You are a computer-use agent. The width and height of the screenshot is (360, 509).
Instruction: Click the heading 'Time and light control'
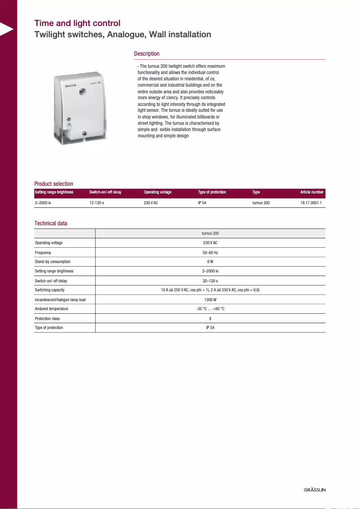pyautogui.click(x=77, y=23)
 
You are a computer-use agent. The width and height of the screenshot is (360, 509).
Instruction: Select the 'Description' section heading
pyautogui.click(x=146, y=54)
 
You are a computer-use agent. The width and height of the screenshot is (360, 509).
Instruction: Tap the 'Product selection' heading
pyautogui.click(x=53, y=184)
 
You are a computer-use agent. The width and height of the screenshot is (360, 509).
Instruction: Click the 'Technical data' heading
pyautogui.click(x=51, y=223)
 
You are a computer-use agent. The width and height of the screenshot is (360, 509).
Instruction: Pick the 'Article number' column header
pyautogui.click(x=312, y=192)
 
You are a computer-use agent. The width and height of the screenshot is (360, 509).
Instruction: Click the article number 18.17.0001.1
pyautogui.click(x=311, y=203)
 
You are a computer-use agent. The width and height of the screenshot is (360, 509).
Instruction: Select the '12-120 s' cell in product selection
pyautogui.click(x=97, y=203)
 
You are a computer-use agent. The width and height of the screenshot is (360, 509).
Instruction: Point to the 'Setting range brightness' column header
pyautogui.click(x=54, y=192)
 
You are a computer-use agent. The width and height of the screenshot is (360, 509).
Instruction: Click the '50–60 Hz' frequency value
pyautogui.click(x=210, y=252)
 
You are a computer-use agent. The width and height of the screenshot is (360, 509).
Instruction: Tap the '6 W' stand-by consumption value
pyautogui.click(x=210, y=262)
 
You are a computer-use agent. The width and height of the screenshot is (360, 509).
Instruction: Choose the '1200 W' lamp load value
pyautogui.click(x=210, y=299)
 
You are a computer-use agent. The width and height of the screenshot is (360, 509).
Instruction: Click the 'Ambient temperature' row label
pyautogui.click(x=52, y=309)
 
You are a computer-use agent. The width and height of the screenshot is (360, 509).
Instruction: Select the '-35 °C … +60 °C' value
pyautogui.click(x=210, y=309)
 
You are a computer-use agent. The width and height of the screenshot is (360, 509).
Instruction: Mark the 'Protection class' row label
pyautogui.click(x=47, y=318)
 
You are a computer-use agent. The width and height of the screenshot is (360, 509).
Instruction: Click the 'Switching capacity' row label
pyautogui.click(x=50, y=290)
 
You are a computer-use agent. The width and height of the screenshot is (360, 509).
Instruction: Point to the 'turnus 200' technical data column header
pyautogui.click(x=210, y=233)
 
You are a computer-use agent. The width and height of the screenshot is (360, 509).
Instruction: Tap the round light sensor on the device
pyautogui.click(x=83, y=91)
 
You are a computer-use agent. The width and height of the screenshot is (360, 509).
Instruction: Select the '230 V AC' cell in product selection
pyautogui.click(x=151, y=203)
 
